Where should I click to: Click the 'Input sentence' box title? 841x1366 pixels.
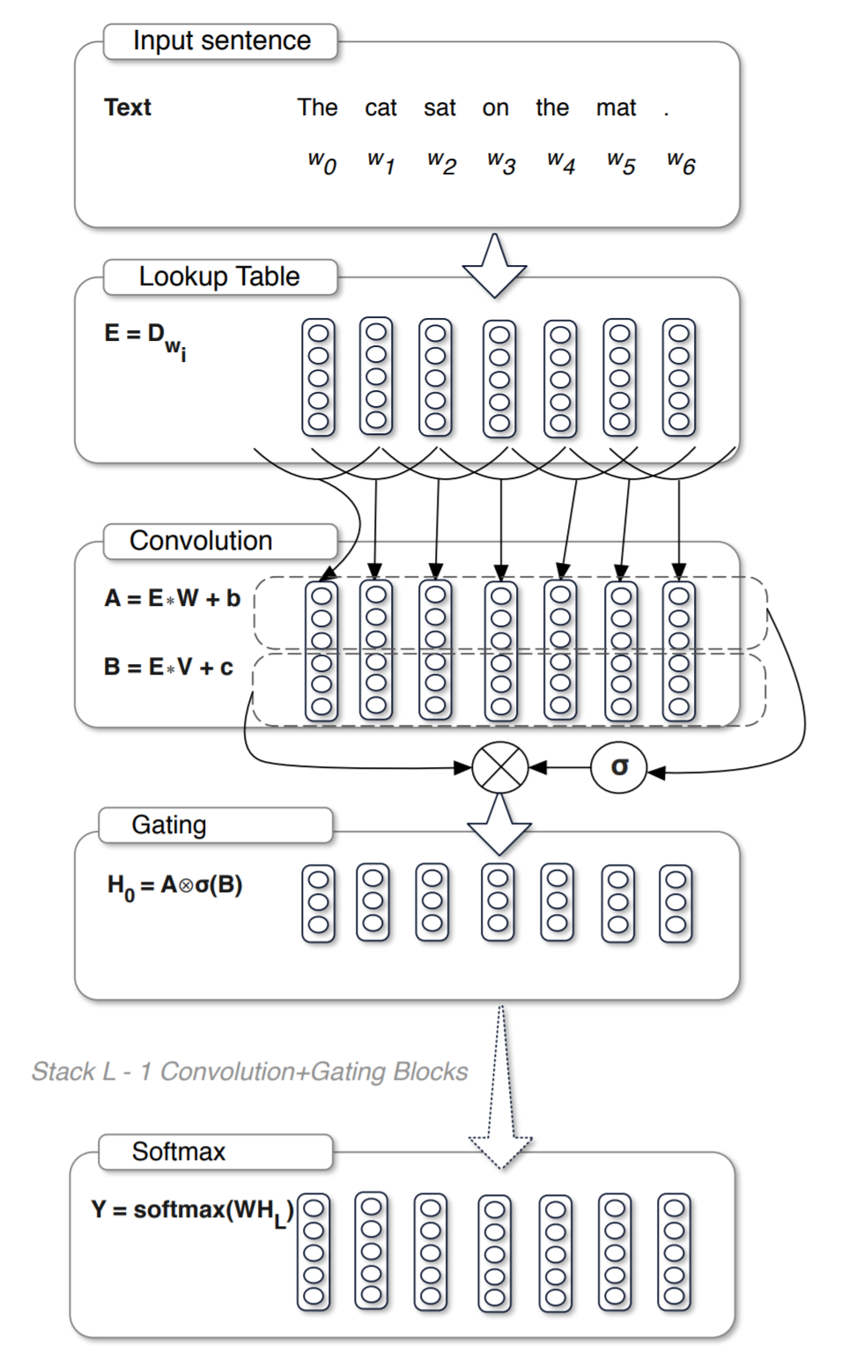pos(221,41)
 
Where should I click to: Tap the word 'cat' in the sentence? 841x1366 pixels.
pos(380,107)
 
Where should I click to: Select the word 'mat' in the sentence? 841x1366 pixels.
pos(616,107)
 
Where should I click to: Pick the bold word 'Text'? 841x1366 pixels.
pos(128,107)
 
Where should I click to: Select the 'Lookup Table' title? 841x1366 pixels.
pos(219,277)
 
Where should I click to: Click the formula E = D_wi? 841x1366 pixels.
pos(144,338)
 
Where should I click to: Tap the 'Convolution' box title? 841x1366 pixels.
pos(201,541)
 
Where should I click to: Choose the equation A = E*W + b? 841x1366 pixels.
pos(172,599)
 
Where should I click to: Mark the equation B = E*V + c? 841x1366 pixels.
pos(168,667)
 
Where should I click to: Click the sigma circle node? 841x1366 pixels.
pos(619,768)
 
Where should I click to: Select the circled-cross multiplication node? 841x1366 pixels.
pos(499,768)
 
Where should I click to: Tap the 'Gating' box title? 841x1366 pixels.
pos(169,825)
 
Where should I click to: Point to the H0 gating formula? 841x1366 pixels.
pos(174,886)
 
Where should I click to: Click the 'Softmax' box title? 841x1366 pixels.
pos(179,1152)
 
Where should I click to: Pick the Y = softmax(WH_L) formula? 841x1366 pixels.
pos(192,1211)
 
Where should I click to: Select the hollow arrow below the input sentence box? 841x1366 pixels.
pos(494,265)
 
